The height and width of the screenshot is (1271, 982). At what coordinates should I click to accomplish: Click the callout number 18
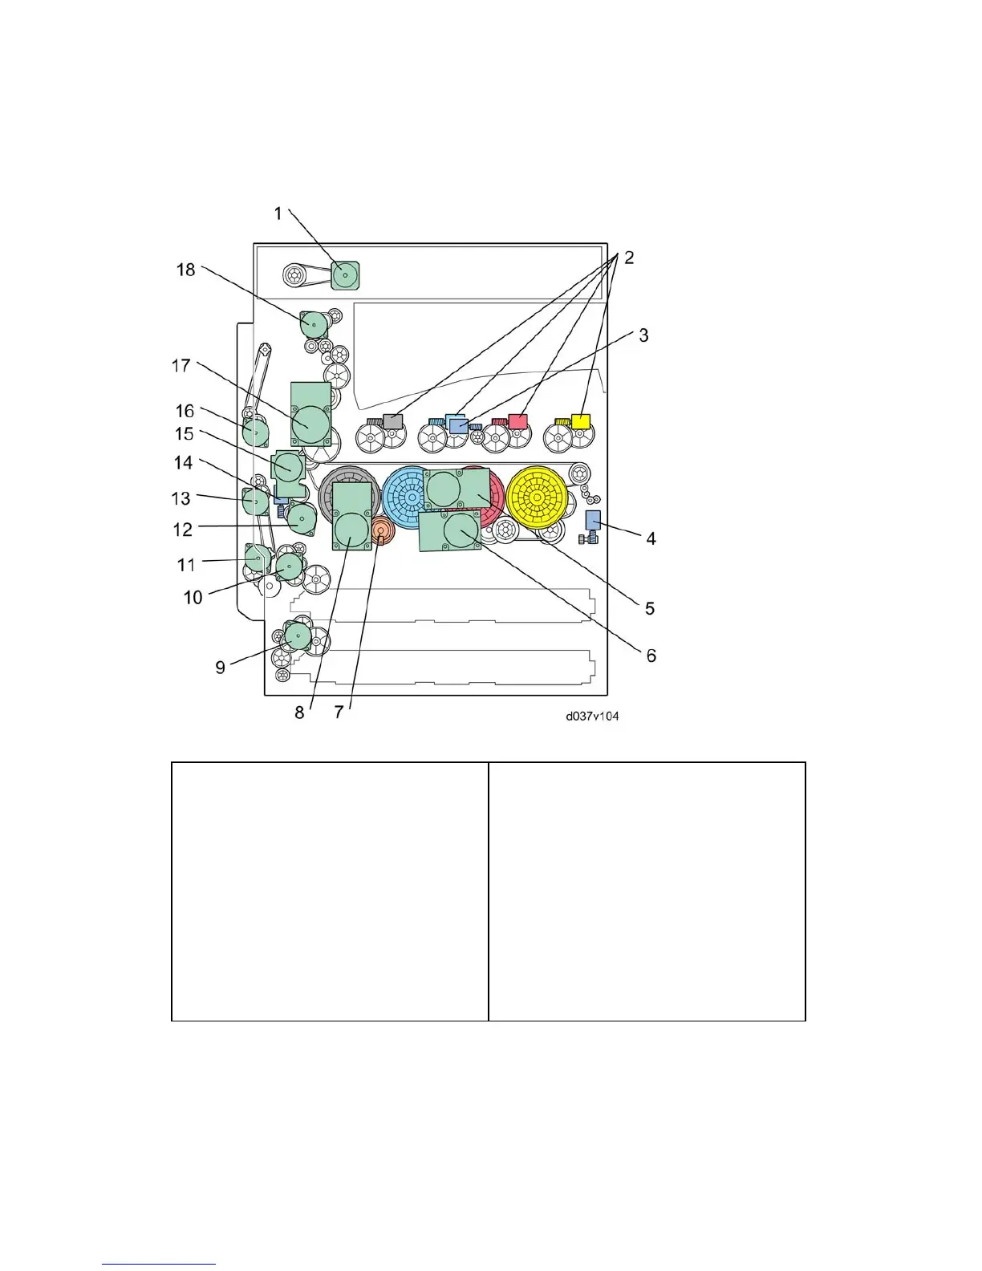click(186, 270)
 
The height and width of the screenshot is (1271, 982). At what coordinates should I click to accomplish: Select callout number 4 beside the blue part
click(651, 538)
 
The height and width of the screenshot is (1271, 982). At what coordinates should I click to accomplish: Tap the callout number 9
click(220, 668)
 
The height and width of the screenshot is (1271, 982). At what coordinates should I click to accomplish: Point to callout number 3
click(643, 335)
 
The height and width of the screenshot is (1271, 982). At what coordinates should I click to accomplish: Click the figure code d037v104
click(592, 716)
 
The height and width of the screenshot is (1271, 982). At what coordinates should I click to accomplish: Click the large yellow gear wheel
click(536, 497)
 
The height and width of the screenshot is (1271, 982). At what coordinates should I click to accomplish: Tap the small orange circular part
click(381, 530)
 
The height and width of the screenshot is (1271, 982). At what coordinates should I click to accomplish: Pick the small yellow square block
click(580, 420)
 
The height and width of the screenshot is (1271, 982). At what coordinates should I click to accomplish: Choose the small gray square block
click(392, 420)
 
